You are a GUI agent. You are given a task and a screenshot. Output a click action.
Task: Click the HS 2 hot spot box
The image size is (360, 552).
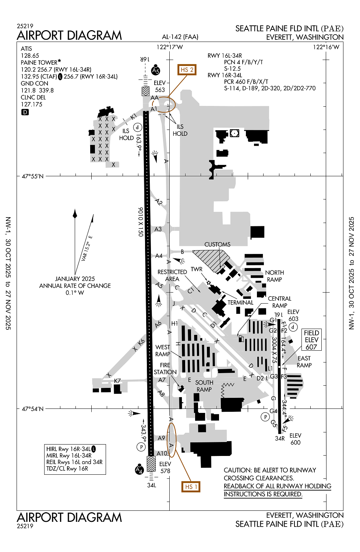[x=187, y=70]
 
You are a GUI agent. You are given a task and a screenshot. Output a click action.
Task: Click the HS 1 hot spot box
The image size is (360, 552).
[x=191, y=486]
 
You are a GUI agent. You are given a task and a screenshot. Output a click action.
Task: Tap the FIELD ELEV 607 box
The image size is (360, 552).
[x=311, y=340]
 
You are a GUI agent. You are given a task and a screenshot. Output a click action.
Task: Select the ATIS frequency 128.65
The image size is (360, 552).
[x=30, y=56]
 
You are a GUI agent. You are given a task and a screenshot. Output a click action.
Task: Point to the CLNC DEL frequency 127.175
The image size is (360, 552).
[x=32, y=105]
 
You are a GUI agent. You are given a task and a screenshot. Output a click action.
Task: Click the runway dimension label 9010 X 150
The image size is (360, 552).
[x=140, y=222]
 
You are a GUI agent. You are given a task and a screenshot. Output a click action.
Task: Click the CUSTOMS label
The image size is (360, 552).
[x=217, y=244]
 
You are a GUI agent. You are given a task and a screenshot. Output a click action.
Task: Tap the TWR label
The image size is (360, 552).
[x=197, y=269]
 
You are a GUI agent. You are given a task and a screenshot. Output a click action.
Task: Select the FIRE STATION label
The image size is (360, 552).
[x=165, y=368]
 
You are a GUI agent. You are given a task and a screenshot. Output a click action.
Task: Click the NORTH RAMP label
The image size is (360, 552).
[x=274, y=276]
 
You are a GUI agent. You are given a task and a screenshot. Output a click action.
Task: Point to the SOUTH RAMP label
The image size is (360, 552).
[x=204, y=386]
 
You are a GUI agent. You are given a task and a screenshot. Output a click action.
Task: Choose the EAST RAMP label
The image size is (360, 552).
[x=304, y=362]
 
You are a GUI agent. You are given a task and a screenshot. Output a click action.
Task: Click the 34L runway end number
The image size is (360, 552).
[x=152, y=485]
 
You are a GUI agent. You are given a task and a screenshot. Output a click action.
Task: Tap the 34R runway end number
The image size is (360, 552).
[x=280, y=438]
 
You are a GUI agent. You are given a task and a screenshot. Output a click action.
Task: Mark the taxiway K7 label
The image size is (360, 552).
[x=117, y=381]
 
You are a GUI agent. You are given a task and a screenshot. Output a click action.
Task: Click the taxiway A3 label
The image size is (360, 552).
[x=158, y=229]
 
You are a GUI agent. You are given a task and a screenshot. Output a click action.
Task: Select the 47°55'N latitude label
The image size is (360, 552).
[x=32, y=176]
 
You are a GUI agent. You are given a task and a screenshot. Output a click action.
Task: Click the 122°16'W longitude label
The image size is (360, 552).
[x=326, y=47]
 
